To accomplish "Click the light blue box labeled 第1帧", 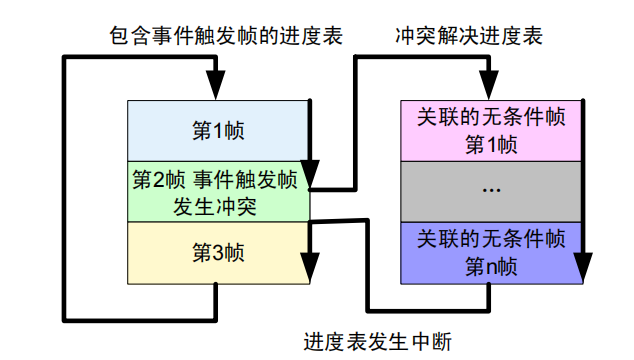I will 218,130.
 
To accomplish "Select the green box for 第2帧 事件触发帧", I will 218,192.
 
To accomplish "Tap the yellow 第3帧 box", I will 218,252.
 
